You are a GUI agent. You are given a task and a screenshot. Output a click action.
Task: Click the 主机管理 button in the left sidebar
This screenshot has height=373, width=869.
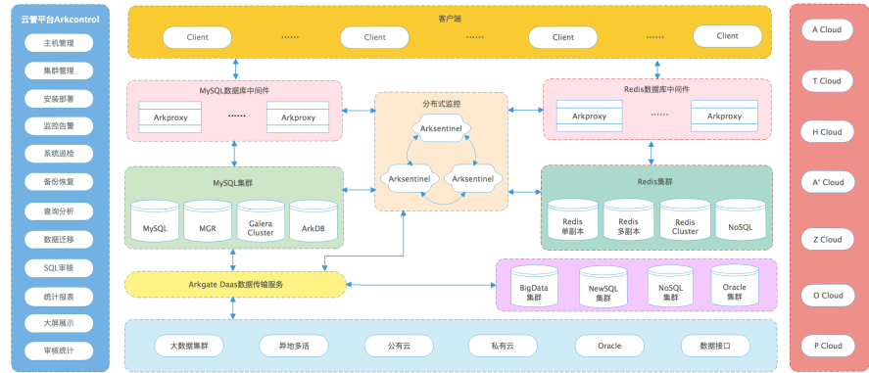(59, 43)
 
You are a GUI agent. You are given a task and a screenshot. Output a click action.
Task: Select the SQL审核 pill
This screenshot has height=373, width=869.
(59, 268)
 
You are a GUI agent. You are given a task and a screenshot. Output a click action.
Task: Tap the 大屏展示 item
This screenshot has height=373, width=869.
(59, 323)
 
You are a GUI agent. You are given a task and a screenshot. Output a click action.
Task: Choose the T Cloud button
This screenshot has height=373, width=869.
(827, 81)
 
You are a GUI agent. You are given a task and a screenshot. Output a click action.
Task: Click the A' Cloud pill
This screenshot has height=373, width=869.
(827, 182)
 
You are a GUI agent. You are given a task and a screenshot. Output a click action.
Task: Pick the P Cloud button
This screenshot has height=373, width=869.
(827, 346)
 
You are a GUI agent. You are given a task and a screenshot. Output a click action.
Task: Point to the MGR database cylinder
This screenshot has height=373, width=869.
(208, 220)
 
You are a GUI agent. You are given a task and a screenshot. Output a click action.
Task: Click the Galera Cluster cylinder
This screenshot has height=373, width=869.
(261, 220)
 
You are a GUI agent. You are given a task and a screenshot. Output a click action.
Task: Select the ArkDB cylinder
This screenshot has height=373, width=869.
(314, 220)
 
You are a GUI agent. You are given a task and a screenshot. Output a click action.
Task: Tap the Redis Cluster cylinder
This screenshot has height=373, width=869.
(685, 219)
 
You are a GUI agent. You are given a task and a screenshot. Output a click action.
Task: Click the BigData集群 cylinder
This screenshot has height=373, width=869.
(534, 286)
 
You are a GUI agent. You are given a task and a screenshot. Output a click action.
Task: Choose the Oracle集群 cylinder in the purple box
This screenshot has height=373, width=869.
(735, 285)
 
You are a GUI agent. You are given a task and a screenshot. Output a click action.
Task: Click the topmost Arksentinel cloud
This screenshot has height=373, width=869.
(442, 128)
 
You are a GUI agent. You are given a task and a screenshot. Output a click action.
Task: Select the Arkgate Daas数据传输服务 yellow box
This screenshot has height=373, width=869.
(235, 285)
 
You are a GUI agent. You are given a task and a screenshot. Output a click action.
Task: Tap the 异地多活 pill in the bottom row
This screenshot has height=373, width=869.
(294, 346)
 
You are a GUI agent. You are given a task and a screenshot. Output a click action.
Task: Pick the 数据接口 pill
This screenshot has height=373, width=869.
(715, 346)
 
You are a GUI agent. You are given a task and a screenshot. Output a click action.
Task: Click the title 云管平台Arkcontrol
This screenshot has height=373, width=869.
(61, 20)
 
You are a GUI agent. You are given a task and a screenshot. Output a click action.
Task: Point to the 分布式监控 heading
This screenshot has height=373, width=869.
(442, 104)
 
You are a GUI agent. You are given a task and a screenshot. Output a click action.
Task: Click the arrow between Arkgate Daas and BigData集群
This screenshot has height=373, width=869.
(421, 285)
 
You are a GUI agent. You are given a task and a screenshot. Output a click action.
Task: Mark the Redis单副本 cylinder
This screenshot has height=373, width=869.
(573, 219)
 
